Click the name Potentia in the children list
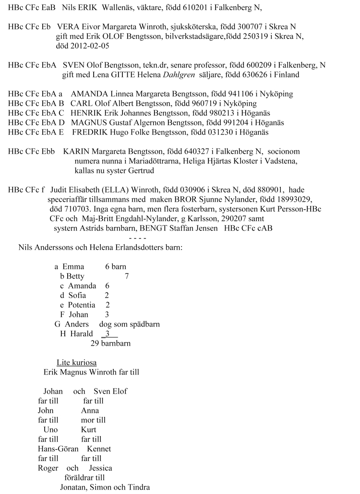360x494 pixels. (x=81, y=305)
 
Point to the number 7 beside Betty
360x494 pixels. (x=126, y=276)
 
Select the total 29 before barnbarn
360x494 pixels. (x=95, y=343)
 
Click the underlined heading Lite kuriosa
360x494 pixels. (x=76, y=362)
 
